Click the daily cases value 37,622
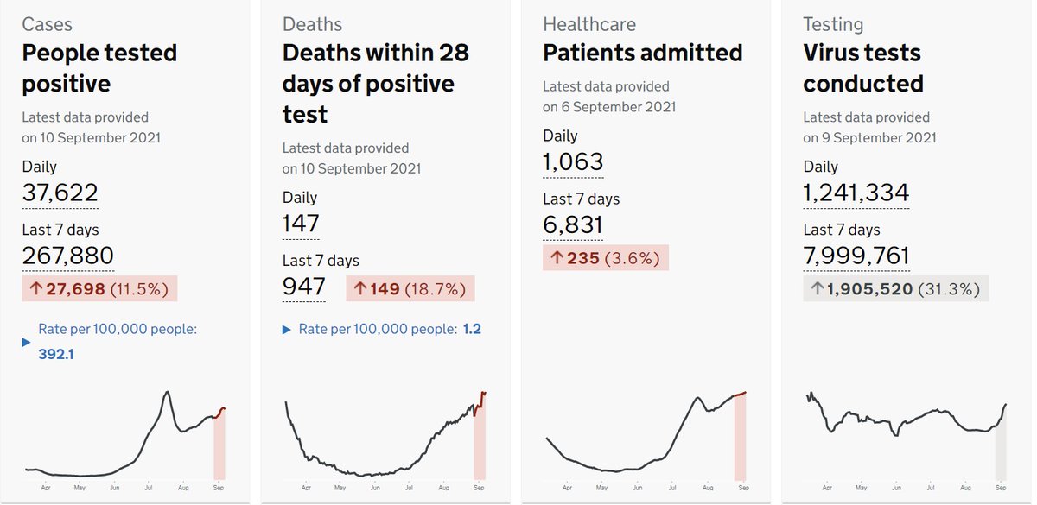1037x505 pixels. click(60, 193)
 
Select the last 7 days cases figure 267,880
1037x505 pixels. click(67, 256)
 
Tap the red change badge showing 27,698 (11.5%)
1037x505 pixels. click(99, 288)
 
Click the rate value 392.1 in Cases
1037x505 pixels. click(55, 354)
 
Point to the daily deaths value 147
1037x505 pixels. click(301, 224)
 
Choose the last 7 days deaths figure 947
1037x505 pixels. click(303, 287)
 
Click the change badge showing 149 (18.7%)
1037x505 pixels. click(410, 288)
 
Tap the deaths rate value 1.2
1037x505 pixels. click(472, 329)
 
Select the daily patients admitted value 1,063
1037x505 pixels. click(573, 161)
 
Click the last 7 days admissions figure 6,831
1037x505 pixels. click(572, 224)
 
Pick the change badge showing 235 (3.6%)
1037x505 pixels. click(605, 257)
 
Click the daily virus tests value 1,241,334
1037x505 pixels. click(856, 193)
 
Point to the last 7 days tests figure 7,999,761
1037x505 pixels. click(856, 256)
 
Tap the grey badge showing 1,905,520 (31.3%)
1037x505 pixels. click(895, 288)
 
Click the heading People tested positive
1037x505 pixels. click(99, 68)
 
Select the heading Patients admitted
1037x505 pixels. click(642, 53)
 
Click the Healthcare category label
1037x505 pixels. click(588, 24)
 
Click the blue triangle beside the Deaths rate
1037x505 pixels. click(287, 330)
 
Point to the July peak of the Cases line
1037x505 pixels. click(166, 393)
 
